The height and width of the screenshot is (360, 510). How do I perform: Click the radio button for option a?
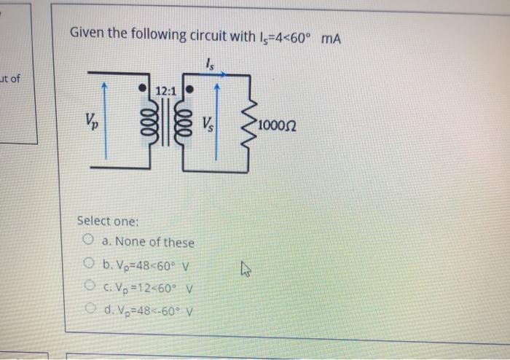[x=87, y=241]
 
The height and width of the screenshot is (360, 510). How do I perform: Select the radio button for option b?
[x=87, y=264]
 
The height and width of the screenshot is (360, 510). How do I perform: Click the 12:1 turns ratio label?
[x=166, y=91]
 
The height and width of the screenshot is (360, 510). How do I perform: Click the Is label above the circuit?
[x=211, y=63]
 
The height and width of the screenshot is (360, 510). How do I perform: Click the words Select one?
[x=107, y=220]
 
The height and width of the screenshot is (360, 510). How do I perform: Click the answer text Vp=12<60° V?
[x=148, y=286]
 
